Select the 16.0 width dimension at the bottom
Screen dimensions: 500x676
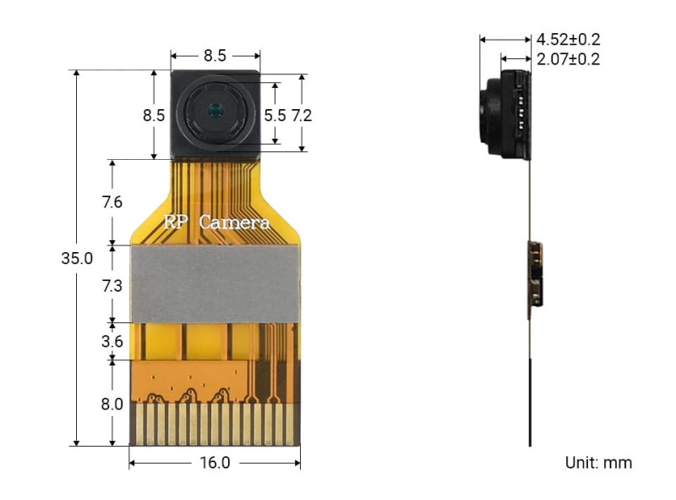click(x=215, y=463)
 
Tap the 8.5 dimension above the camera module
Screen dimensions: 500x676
click(x=215, y=56)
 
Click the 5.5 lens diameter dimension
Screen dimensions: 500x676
click(x=275, y=115)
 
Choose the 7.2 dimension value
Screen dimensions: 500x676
click(x=302, y=115)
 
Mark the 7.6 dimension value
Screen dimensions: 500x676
click(x=112, y=202)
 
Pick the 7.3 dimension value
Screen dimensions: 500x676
click(x=112, y=286)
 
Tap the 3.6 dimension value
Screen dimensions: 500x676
click(x=112, y=342)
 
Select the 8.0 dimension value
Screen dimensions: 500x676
click(x=112, y=404)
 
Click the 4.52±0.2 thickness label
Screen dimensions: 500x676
click(x=569, y=39)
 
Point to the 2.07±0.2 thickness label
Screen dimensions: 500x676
click(x=569, y=59)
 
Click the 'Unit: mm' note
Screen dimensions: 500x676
click(x=598, y=463)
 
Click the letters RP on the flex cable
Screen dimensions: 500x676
click(x=176, y=223)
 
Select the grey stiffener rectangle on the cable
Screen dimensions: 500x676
click(x=215, y=284)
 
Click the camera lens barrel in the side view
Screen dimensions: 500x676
click(x=491, y=115)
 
